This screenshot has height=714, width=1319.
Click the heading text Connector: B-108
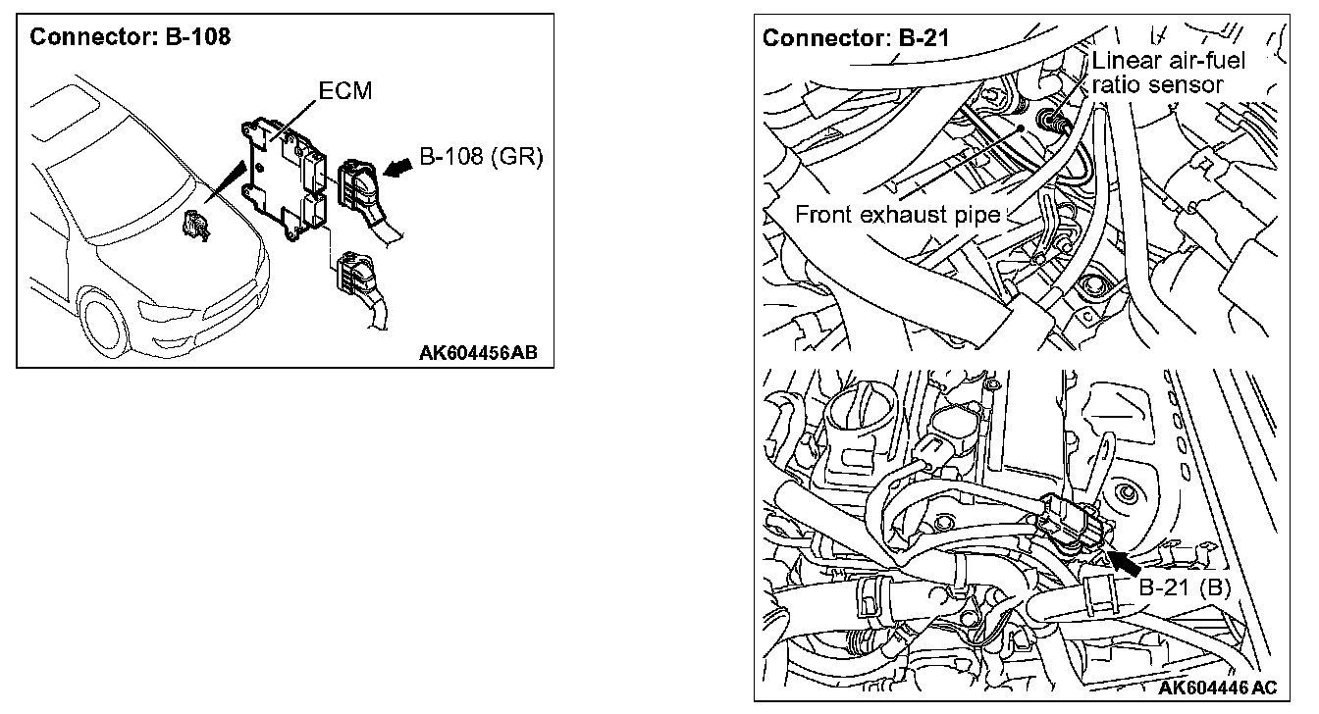(131, 38)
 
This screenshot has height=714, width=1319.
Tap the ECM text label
(345, 91)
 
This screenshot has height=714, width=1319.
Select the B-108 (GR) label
(481, 157)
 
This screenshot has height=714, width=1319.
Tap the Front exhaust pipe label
(897, 215)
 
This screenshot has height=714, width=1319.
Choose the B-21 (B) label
(1185, 589)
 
